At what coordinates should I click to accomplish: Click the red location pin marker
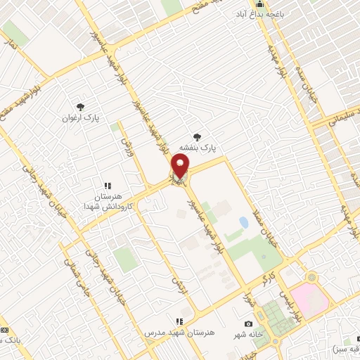(x=180, y=167)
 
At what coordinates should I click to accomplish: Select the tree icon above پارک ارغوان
(x=82, y=106)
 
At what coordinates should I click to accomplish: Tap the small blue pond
(x=243, y=223)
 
